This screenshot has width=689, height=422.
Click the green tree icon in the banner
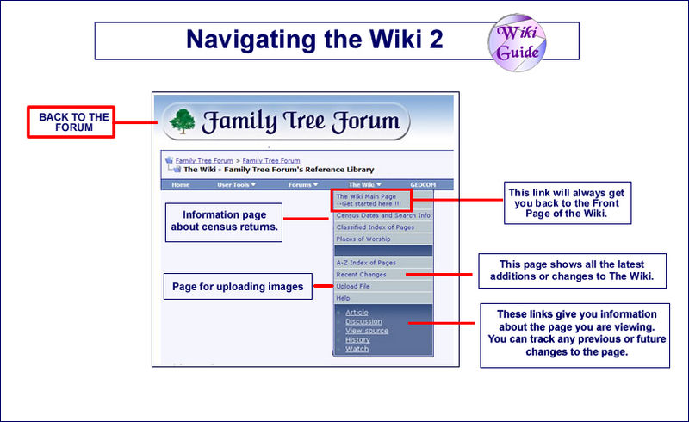[182, 121]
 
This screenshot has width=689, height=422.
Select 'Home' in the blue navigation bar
[181, 184]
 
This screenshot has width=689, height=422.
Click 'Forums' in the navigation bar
[302, 184]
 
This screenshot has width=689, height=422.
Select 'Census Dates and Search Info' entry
[383, 214]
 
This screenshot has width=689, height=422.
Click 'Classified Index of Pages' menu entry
[375, 227]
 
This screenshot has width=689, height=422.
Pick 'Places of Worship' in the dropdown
[363, 239]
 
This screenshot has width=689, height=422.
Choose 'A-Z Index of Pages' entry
[367, 262]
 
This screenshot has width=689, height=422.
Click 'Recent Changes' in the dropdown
[361, 274]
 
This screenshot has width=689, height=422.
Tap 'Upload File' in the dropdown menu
[354, 286]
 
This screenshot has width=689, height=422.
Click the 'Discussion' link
[363, 321]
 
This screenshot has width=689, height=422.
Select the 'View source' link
[366, 331]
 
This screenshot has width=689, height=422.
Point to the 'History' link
[357, 339]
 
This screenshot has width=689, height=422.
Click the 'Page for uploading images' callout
[238, 287]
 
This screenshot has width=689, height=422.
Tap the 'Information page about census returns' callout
[224, 221]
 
